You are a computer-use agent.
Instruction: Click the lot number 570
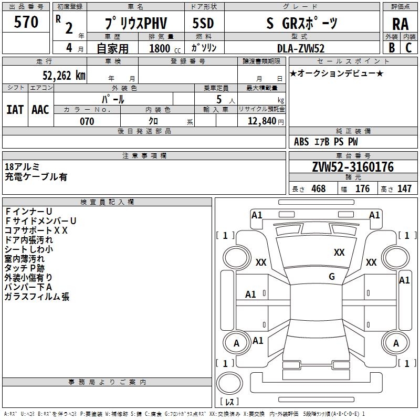(26, 22)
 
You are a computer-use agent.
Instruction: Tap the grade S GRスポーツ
(302, 24)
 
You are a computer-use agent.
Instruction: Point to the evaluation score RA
(400, 24)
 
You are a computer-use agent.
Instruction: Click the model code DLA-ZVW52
(301, 48)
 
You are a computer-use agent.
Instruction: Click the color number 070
(87, 121)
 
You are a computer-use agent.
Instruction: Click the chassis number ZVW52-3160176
(353, 167)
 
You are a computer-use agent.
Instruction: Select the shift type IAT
(15, 109)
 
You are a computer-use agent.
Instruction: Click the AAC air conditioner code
(40, 109)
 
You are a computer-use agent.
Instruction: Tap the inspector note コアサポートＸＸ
(36, 230)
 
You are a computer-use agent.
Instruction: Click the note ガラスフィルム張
(37, 297)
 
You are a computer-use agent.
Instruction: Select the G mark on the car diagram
(332, 277)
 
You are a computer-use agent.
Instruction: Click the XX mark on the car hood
(339, 253)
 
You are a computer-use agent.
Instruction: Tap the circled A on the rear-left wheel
(236, 343)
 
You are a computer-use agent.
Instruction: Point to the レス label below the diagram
(230, 402)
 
